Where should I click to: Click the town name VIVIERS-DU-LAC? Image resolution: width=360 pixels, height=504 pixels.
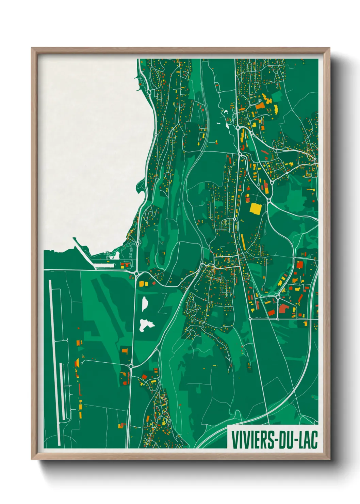[274, 440]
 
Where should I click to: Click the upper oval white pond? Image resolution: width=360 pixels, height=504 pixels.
[145, 303]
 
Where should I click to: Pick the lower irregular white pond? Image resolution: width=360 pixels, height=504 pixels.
[146, 325]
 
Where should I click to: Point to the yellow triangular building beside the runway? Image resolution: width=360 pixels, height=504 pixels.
[76, 363]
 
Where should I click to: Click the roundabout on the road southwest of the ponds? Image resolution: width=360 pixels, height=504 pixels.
[130, 366]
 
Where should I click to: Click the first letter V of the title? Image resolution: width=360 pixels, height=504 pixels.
[235, 440]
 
